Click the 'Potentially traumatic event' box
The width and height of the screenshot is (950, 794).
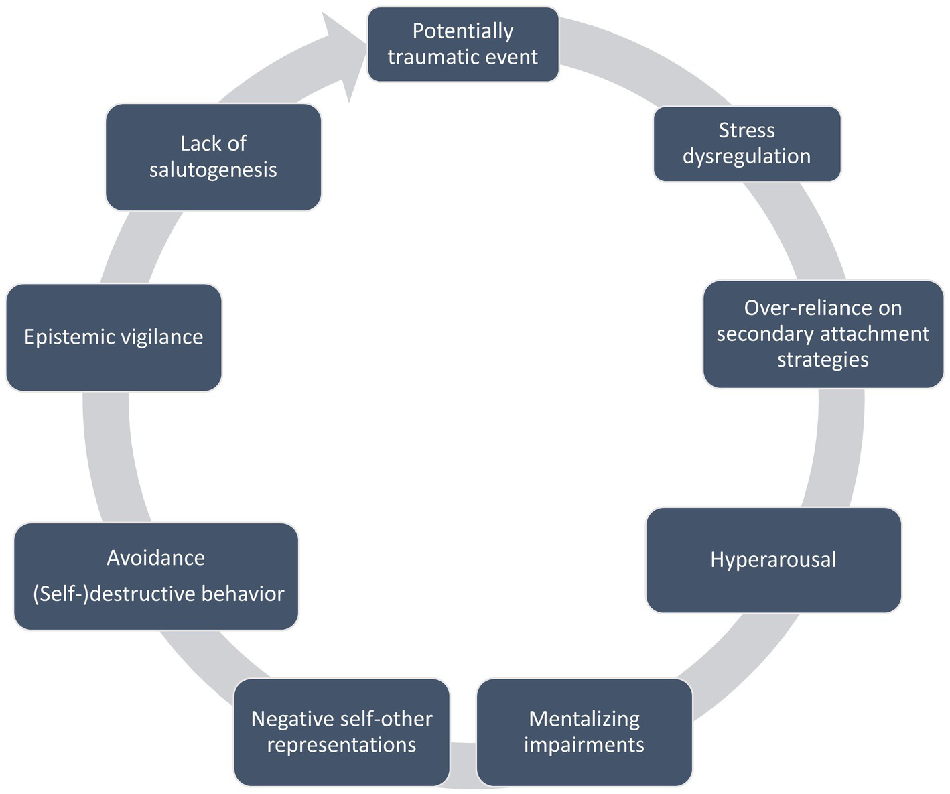[463, 44]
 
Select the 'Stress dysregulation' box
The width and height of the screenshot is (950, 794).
[746, 143]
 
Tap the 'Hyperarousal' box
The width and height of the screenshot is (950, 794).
[773, 559]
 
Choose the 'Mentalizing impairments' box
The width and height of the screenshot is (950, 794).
[584, 732]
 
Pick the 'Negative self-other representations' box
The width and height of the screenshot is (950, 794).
[342, 732]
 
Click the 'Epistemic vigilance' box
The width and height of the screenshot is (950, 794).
[113, 337]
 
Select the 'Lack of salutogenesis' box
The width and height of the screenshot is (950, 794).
[213, 157]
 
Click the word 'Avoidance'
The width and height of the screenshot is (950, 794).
[155, 557]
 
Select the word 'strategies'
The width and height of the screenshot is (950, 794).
[823, 360]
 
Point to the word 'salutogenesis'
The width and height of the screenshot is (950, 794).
[213, 170]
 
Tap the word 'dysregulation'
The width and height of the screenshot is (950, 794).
[746, 156]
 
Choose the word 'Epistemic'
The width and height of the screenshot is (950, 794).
[70, 337]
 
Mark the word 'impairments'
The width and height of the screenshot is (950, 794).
[584, 745]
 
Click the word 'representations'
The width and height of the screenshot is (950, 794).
[342, 745]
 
